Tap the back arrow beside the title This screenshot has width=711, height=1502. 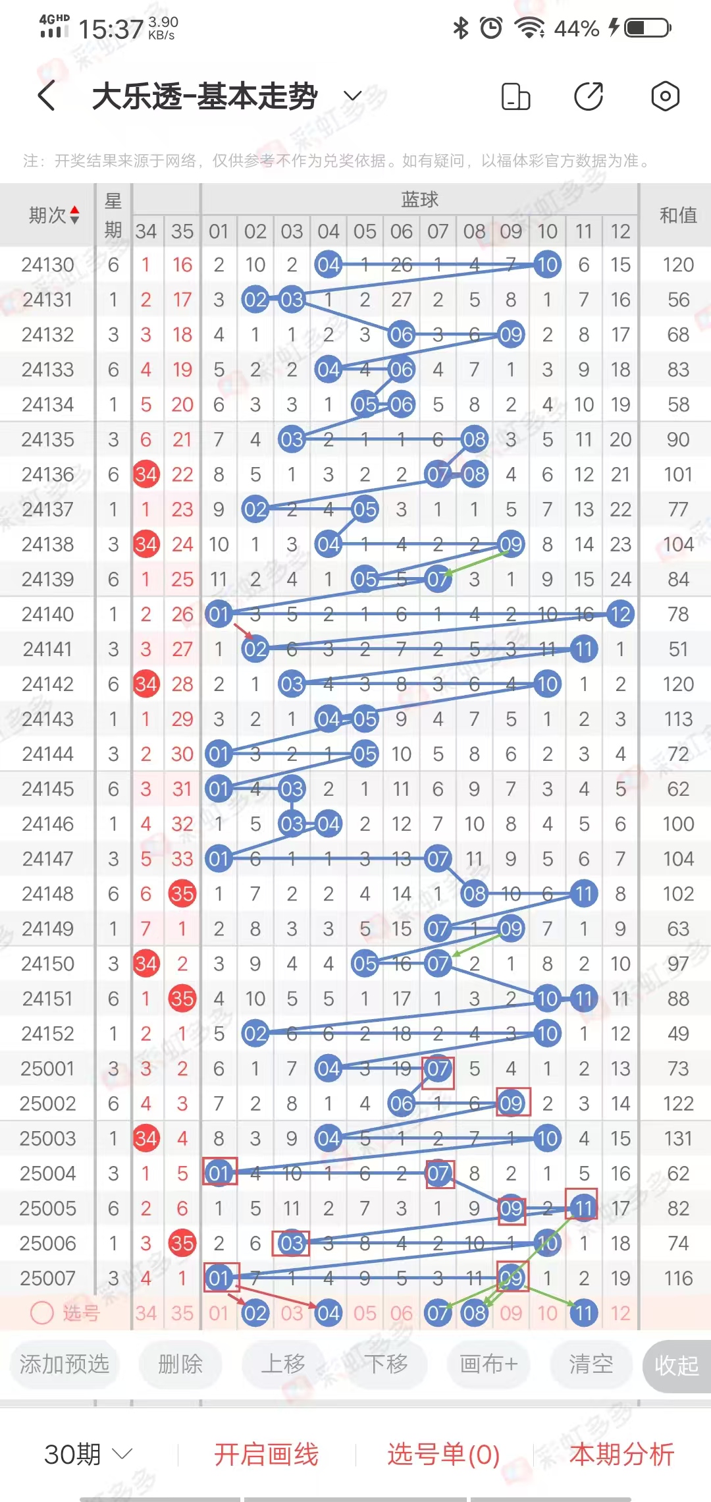coord(46,96)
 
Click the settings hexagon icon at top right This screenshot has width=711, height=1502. coord(665,96)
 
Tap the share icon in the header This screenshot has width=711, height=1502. coord(589,96)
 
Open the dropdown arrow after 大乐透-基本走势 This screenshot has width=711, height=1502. coord(353,96)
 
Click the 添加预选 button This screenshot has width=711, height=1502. coord(64,1364)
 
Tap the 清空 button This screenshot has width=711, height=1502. coord(591,1364)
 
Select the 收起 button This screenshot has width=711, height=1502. coord(676,1366)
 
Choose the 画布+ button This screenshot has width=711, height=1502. coord(488,1364)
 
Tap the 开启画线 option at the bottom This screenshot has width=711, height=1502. coord(266,1454)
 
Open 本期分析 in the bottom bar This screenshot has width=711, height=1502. coord(621,1454)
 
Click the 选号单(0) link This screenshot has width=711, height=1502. coord(443,1454)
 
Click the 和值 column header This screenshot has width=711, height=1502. coord(678,215)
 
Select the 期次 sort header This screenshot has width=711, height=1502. coord(54,215)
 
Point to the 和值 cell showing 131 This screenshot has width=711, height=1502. coord(678,1138)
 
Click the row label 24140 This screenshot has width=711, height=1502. coord(47,614)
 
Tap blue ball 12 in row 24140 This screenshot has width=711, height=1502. coord(620,614)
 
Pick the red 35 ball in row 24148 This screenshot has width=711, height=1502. coord(182,893)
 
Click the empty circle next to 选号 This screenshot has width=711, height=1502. coord(42,1313)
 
